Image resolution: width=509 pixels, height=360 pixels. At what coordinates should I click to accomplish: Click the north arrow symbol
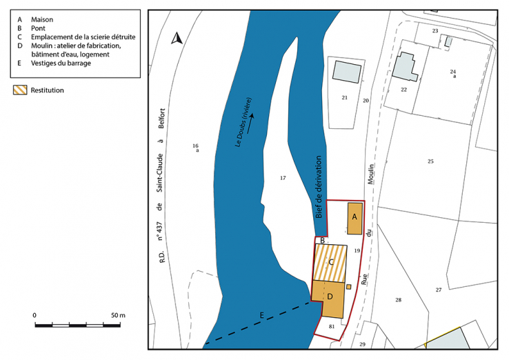(x=177, y=39)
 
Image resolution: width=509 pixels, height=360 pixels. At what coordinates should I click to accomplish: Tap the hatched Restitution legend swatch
(x=20, y=90)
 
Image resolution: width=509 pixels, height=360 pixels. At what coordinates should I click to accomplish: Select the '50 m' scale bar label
(x=117, y=315)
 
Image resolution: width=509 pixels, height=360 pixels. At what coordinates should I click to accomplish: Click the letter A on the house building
(x=355, y=216)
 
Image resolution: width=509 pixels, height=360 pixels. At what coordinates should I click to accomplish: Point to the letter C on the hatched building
(x=332, y=262)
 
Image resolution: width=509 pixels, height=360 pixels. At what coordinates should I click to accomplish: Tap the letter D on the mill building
(x=330, y=297)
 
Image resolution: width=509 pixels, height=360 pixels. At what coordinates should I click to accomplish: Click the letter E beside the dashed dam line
(x=261, y=315)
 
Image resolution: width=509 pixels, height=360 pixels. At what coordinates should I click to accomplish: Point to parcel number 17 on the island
(x=282, y=178)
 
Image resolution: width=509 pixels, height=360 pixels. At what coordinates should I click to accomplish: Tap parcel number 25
(x=430, y=161)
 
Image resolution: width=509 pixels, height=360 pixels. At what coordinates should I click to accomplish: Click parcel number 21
(x=344, y=98)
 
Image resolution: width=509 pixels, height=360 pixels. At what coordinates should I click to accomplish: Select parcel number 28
(x=398, y=299)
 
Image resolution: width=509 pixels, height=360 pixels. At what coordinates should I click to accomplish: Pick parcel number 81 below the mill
(x=332, y=326)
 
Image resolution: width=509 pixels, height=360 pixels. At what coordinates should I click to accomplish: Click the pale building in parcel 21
(x=347, y=72)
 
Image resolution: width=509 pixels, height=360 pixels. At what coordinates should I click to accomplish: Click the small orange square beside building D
(x=349, y=286)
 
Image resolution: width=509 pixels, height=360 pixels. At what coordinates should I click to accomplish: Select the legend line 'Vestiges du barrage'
(x=61, y=63)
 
